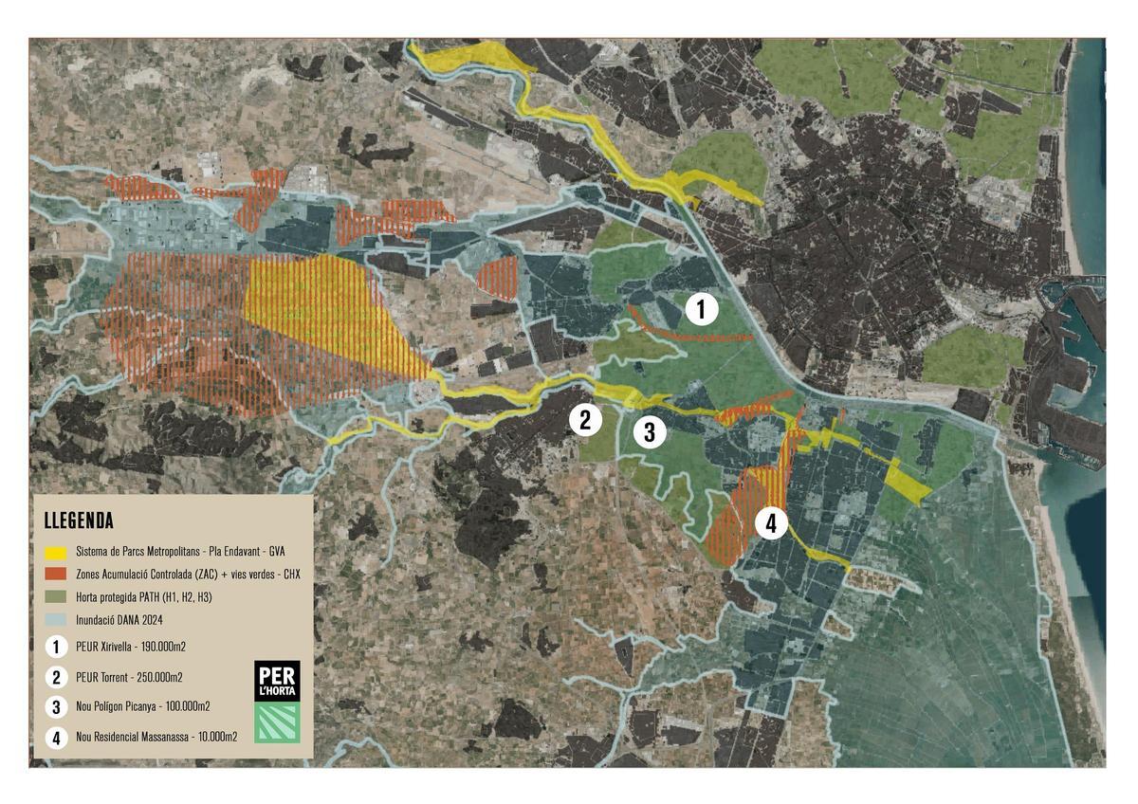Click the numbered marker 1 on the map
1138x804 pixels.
click(x=701, y=310)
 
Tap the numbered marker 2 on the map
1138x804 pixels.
click(x=585, y=419)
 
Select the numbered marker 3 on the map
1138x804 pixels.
click(x=650, y=432)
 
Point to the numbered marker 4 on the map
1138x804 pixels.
click(x=771, y=522)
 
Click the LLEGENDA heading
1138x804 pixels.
click(x=79, y=521)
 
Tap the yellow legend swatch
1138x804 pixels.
click(x=57, y=551)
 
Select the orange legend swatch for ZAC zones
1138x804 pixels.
click(x=57, y=574)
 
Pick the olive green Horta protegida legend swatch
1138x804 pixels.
click(x=57, y=595)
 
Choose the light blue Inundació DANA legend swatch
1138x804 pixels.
click(x=57, y=617)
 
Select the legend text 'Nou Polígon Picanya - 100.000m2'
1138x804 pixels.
click(x=142, y=706)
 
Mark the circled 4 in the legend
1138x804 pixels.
click(x=56, y=737)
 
